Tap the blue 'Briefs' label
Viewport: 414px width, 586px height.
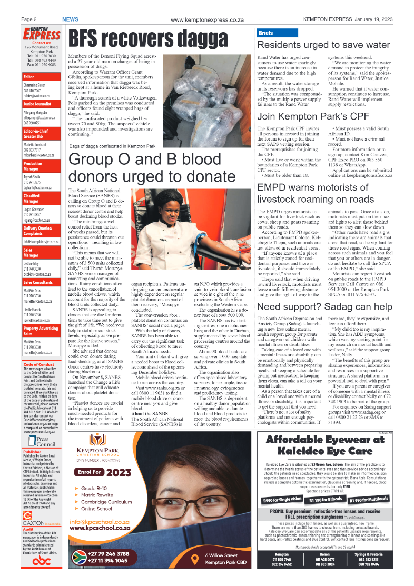point(265,33)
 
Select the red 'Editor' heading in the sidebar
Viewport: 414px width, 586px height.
point(29,77)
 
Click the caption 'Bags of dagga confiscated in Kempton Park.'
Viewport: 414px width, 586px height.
point(113,146)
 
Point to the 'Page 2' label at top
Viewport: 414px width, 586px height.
point(28,19)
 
